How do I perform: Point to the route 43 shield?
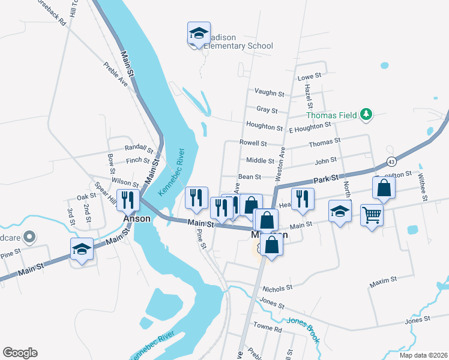(391, 161)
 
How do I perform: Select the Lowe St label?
(310, 77)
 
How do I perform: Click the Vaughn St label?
(269, 93)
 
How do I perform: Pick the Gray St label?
(267, 110)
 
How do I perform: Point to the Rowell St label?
(253, 143)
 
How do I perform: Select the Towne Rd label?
(268, 329)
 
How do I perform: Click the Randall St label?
(139, 148)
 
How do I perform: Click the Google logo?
(20, 353)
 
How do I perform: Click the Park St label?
(327, 179)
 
